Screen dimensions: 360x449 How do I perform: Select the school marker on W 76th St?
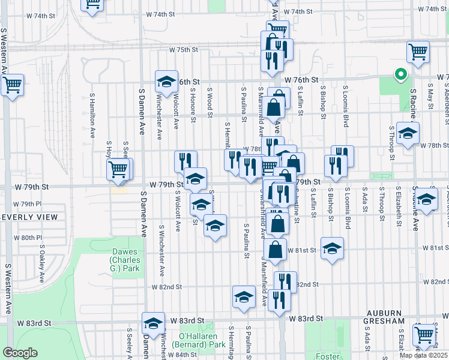(166, 81)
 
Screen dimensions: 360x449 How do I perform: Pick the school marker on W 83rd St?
(154, 323)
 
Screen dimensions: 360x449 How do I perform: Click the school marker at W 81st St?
(331, 248)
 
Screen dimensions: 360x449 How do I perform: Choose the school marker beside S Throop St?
(408, 133)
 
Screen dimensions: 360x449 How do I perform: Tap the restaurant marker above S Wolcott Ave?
(185, 161)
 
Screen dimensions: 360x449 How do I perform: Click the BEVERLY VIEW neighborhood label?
(28, 217)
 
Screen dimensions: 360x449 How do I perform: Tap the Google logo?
(20, 353)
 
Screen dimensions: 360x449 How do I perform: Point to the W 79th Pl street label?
(28, 204)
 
